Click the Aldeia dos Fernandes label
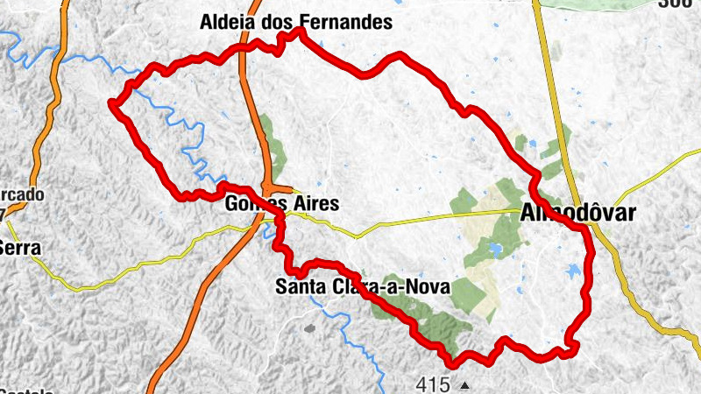(296, 22)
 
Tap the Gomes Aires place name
(280, 204)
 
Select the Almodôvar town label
(577, 212)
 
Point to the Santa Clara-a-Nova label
(362, 286)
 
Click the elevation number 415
(433, 383)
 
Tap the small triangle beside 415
(464, 383)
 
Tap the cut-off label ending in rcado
(21, 194)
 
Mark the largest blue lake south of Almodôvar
(575, 271)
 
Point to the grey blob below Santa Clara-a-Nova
(308, 328)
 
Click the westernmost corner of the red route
(111, 104)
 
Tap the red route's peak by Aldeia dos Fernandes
(299, 31)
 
